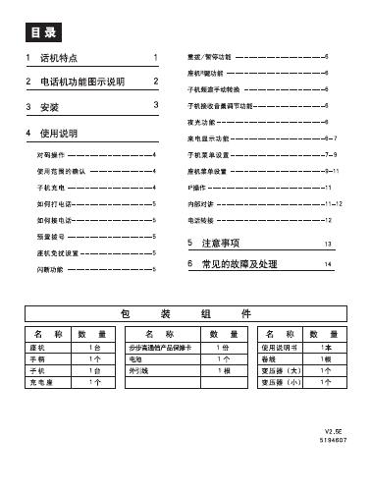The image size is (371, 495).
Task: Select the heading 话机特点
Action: tap(58, 59)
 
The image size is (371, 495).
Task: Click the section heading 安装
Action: tap(48, 105)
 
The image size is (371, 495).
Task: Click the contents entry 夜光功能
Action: tap(199, 122)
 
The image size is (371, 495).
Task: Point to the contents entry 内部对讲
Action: tap(199, 203)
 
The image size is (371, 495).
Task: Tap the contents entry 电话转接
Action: tap(199, 220)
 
